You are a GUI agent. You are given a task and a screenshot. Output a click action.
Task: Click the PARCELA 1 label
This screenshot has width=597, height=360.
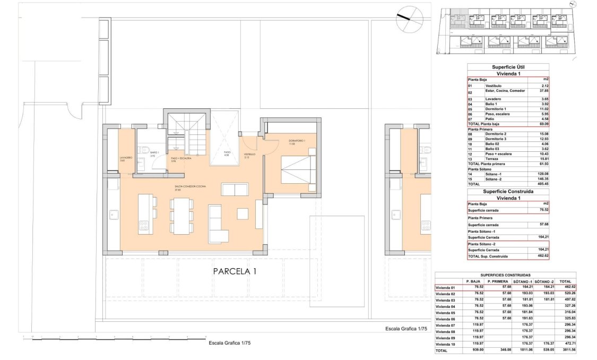coord(235,271)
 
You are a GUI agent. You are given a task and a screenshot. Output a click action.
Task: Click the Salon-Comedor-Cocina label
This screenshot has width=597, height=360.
coord(189,187)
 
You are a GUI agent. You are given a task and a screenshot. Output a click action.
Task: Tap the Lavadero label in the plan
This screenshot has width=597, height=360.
coord(125,158)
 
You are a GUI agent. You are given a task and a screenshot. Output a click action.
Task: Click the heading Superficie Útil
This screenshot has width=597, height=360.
coord(508,67)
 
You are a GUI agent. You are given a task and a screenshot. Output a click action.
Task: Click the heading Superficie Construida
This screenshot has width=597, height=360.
coord(508,191)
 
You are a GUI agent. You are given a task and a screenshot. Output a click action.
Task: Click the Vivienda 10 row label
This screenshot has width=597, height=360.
coord(445,345)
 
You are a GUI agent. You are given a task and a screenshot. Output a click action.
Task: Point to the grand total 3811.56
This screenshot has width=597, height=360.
coord(565,351)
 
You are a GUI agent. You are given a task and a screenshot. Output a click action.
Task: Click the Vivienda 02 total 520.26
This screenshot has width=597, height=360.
coord(565,294)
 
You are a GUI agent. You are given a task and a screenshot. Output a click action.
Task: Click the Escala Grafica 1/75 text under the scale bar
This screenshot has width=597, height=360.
coord(229,343)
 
